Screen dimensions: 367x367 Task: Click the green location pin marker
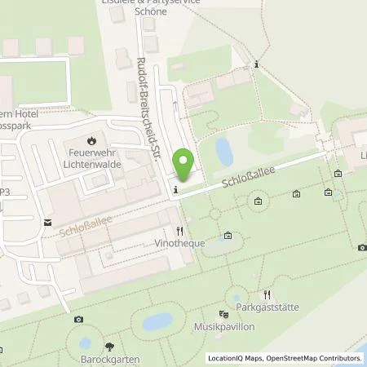point(184,166)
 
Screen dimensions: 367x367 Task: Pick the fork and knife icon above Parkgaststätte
point(264,293)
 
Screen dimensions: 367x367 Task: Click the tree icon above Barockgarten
point(108,345)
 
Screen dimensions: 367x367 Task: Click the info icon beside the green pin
point(176,190)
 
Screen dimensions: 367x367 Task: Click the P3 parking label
point(5,192)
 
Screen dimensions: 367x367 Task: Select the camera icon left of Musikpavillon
point(77,320)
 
